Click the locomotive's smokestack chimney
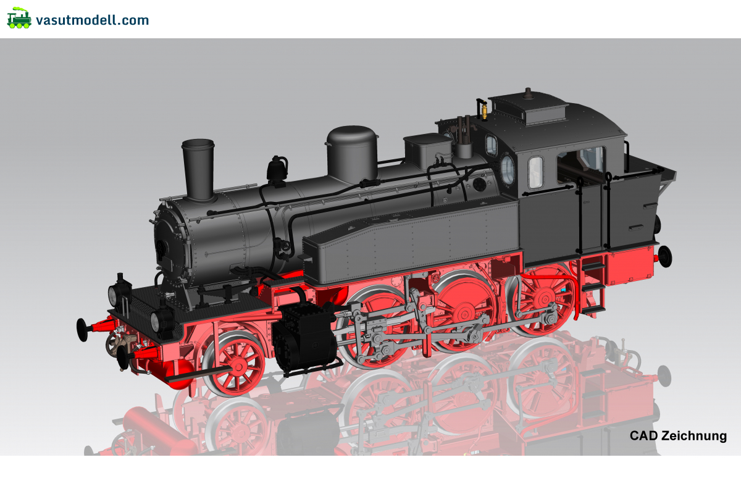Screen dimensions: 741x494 (x=198, y=169)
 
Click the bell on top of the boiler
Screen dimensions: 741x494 (x=277, y=169)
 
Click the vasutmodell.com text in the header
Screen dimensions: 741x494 (x=92, y=20)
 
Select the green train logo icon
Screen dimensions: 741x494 (x=19, y=18)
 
